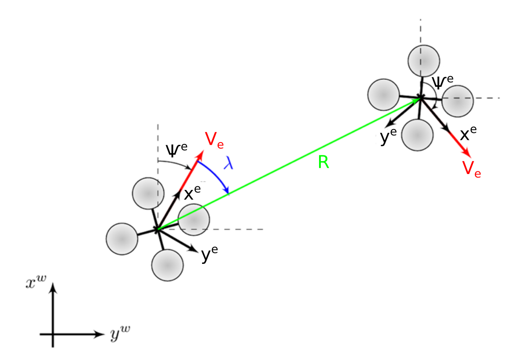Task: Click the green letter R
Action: [x=323, y=163]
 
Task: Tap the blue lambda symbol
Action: [x=229, y=163]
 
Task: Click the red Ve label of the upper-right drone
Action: [x=471, y=169]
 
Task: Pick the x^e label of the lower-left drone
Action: [x=192, y=193]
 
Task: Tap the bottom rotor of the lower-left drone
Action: [x=167, y=265]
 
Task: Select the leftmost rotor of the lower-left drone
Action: [x=122, y=239]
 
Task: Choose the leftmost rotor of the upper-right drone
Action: [x=384, y=94]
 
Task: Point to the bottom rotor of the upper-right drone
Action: [x=417, y=133]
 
